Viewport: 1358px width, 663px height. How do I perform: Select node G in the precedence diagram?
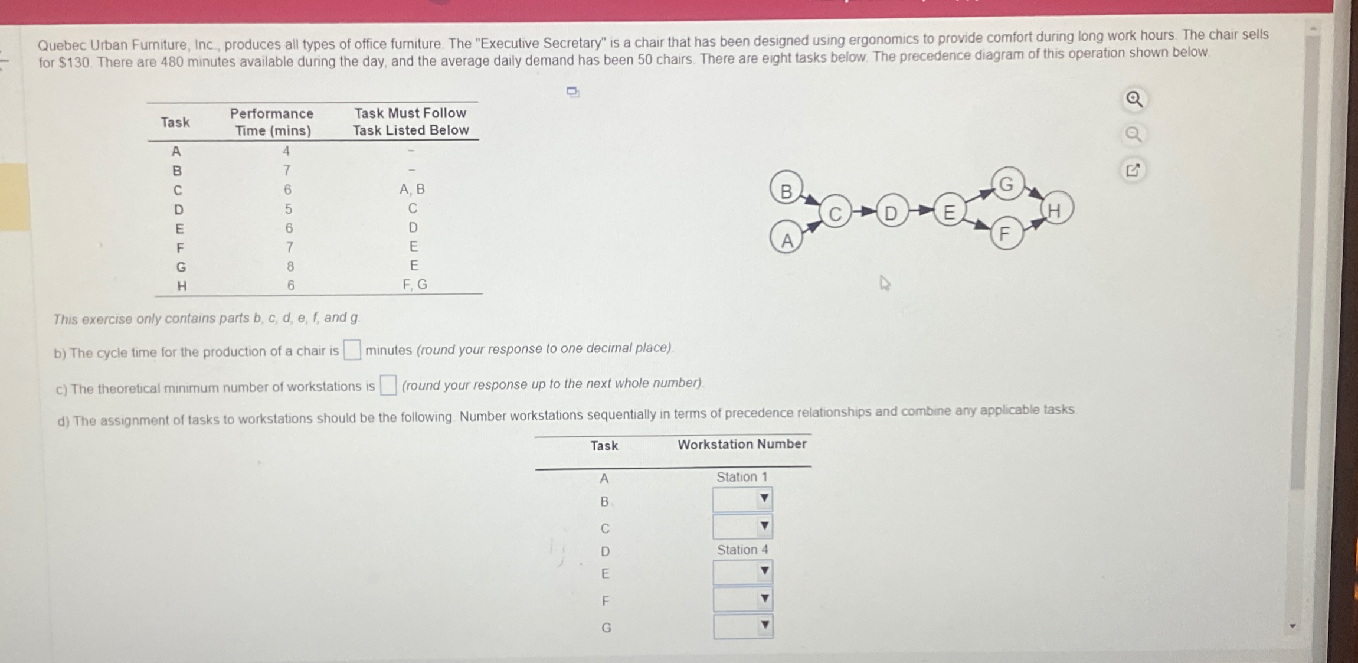pyautogui.click(x=1007, y=184)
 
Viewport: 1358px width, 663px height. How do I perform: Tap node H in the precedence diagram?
pyautogui.click(x=1056, y=209)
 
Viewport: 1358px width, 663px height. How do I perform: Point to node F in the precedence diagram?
pyautogui.click(x=1006, y=234)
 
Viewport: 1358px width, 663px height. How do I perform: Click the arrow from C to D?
pyautogui.click(x=865, y=211)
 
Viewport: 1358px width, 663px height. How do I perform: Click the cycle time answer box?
pyautogui.click(x=352, y=350)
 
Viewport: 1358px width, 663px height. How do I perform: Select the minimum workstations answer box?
pyautogui.click(x=388, y=386)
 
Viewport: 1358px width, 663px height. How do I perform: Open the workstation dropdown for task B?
pyautogui.click(x=742, y=499)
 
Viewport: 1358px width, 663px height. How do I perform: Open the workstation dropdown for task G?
pyautogui.click(x=742, y=626)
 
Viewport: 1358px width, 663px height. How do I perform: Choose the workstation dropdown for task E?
pyautogui.click(x=742, y=571)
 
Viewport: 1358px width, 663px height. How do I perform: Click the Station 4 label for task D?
pyautogui.click(x=742, y=550)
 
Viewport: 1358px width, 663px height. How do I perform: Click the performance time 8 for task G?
pyautogui.click(x=290, y=266)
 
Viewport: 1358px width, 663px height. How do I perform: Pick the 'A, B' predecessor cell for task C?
pyautogui.click(x=412, y=189)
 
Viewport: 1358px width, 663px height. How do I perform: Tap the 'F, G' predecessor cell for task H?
pyautogui.click(x=414, y=285)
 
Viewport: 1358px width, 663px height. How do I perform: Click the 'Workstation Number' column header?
pyautogui.click(x=742, y=444)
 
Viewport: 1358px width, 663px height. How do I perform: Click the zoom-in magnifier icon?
pyautogui.click(x=1134, y=99)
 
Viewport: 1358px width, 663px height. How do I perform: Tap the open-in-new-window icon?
pyautogui.click(x=1133, y=170)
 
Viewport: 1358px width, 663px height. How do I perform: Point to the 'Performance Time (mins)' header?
pyautogui.click(x=272, y=122)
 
